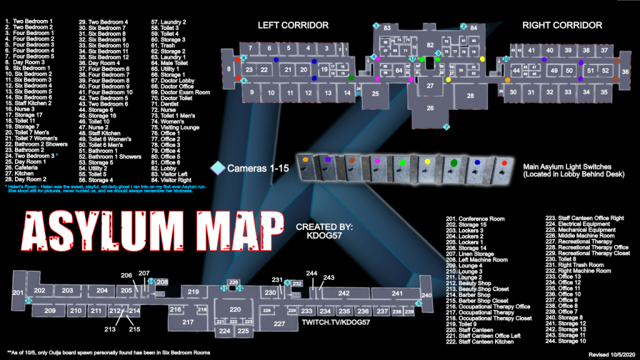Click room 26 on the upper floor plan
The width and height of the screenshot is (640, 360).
click(x=430, y=108)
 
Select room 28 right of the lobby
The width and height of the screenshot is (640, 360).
click(x=470, y=96)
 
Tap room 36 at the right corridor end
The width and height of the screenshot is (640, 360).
click(x=624, y=72)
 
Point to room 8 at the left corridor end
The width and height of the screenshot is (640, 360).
click(x=229, y=69)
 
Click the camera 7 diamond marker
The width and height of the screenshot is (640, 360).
click(x=446, y=127)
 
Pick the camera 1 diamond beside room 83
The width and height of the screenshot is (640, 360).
click(x=376, y=26)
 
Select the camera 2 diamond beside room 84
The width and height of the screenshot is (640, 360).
click(x=463, y=26)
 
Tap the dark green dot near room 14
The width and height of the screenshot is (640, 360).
click(x=351, y=77)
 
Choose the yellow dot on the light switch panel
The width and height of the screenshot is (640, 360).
click(x=427, y=162)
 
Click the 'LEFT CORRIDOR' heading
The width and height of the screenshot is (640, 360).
click(x=293, y=26)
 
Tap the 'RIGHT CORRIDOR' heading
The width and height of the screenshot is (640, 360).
click(x=562, y=26)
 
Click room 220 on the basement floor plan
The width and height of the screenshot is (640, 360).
click(x=235, y=309)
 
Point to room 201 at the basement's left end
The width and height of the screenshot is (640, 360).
click(x=17, y=293)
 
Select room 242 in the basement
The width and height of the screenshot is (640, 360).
click(x=344, y=293)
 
